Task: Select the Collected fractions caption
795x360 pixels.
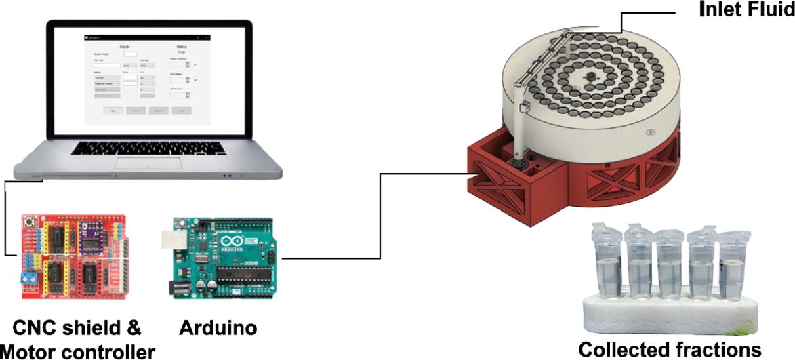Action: pyautogui.click(x=669, y=349)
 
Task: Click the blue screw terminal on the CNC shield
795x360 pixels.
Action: pyautogui.click(x=28, y=278)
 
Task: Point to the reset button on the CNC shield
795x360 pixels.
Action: pyautogui.click(x=30, y=222)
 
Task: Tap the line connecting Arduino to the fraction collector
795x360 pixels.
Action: pyautogui.click(x=380, y=217)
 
